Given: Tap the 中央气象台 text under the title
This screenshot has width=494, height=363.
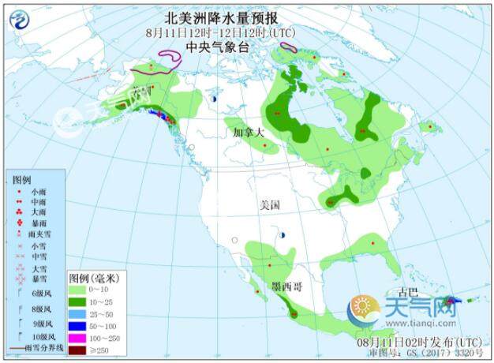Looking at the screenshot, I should (x=211, y=47).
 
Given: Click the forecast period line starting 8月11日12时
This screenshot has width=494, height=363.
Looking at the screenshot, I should (x=211, y=33).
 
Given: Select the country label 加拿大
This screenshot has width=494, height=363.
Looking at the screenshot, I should (x=244, y=133).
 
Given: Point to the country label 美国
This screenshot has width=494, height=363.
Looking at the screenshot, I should (x=270, y=205).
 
